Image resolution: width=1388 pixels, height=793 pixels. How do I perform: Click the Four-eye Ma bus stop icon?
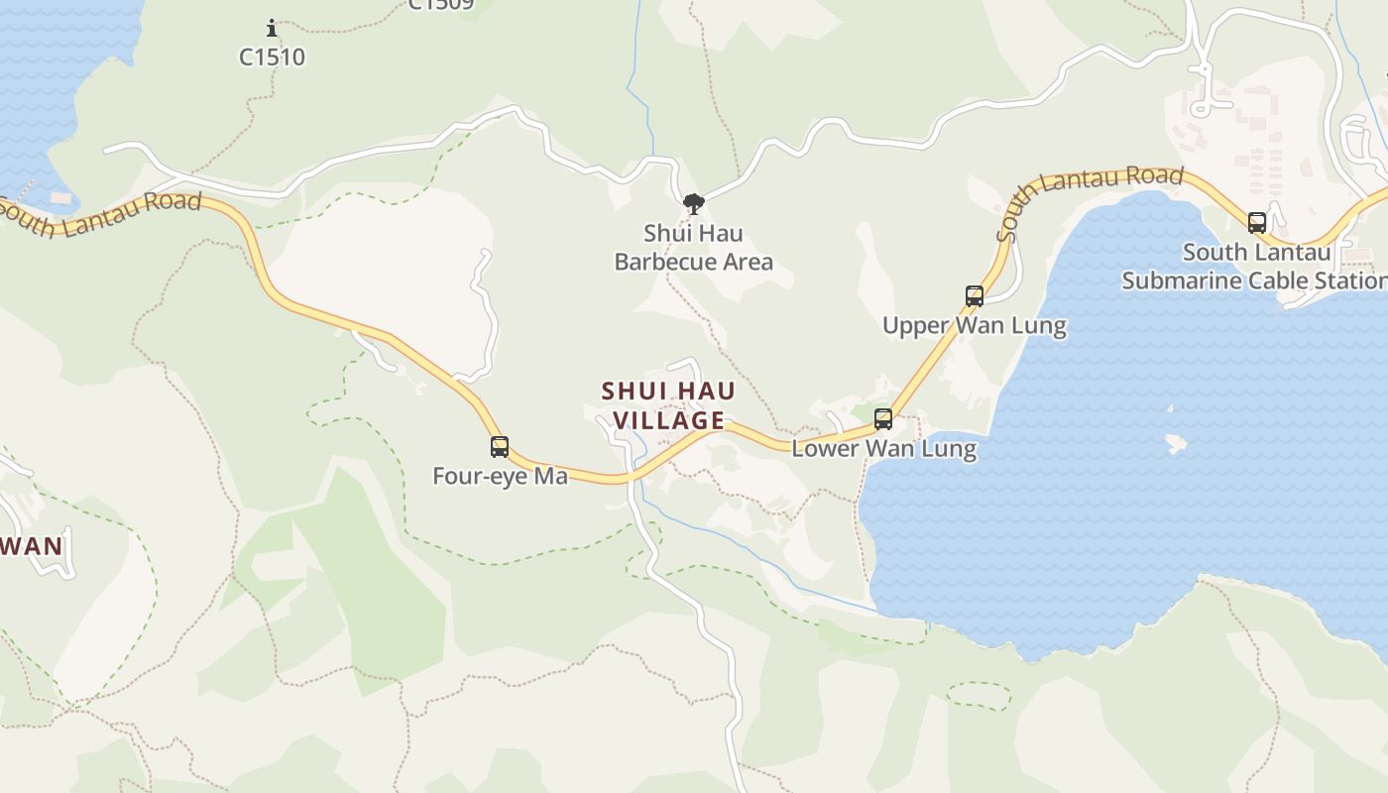500,447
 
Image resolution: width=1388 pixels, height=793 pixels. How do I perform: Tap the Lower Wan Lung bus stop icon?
882,419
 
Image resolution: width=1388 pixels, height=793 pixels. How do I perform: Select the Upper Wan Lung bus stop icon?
975,296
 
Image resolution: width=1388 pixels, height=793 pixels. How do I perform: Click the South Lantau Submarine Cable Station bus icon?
1257,223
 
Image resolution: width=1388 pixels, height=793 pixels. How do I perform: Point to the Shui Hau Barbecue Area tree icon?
694,205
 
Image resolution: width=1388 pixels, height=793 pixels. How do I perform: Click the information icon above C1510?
272,29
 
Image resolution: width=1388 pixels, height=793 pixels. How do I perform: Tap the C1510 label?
273,57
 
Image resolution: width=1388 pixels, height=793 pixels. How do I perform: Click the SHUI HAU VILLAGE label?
669,405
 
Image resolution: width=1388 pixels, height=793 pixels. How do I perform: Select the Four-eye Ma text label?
500,477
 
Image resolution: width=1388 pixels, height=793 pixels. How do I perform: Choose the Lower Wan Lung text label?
883,449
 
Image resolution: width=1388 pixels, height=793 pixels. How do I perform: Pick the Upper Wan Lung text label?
974,326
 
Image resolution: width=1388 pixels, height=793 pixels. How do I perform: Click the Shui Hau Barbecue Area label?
693,248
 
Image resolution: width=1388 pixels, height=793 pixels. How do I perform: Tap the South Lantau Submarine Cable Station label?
1255,267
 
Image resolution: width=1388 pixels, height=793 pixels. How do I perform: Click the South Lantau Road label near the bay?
1090,201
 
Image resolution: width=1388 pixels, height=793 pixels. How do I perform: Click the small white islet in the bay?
1177,443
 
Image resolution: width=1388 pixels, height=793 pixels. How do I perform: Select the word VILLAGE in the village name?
669,420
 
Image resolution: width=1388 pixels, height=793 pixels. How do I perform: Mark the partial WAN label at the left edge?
32,546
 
